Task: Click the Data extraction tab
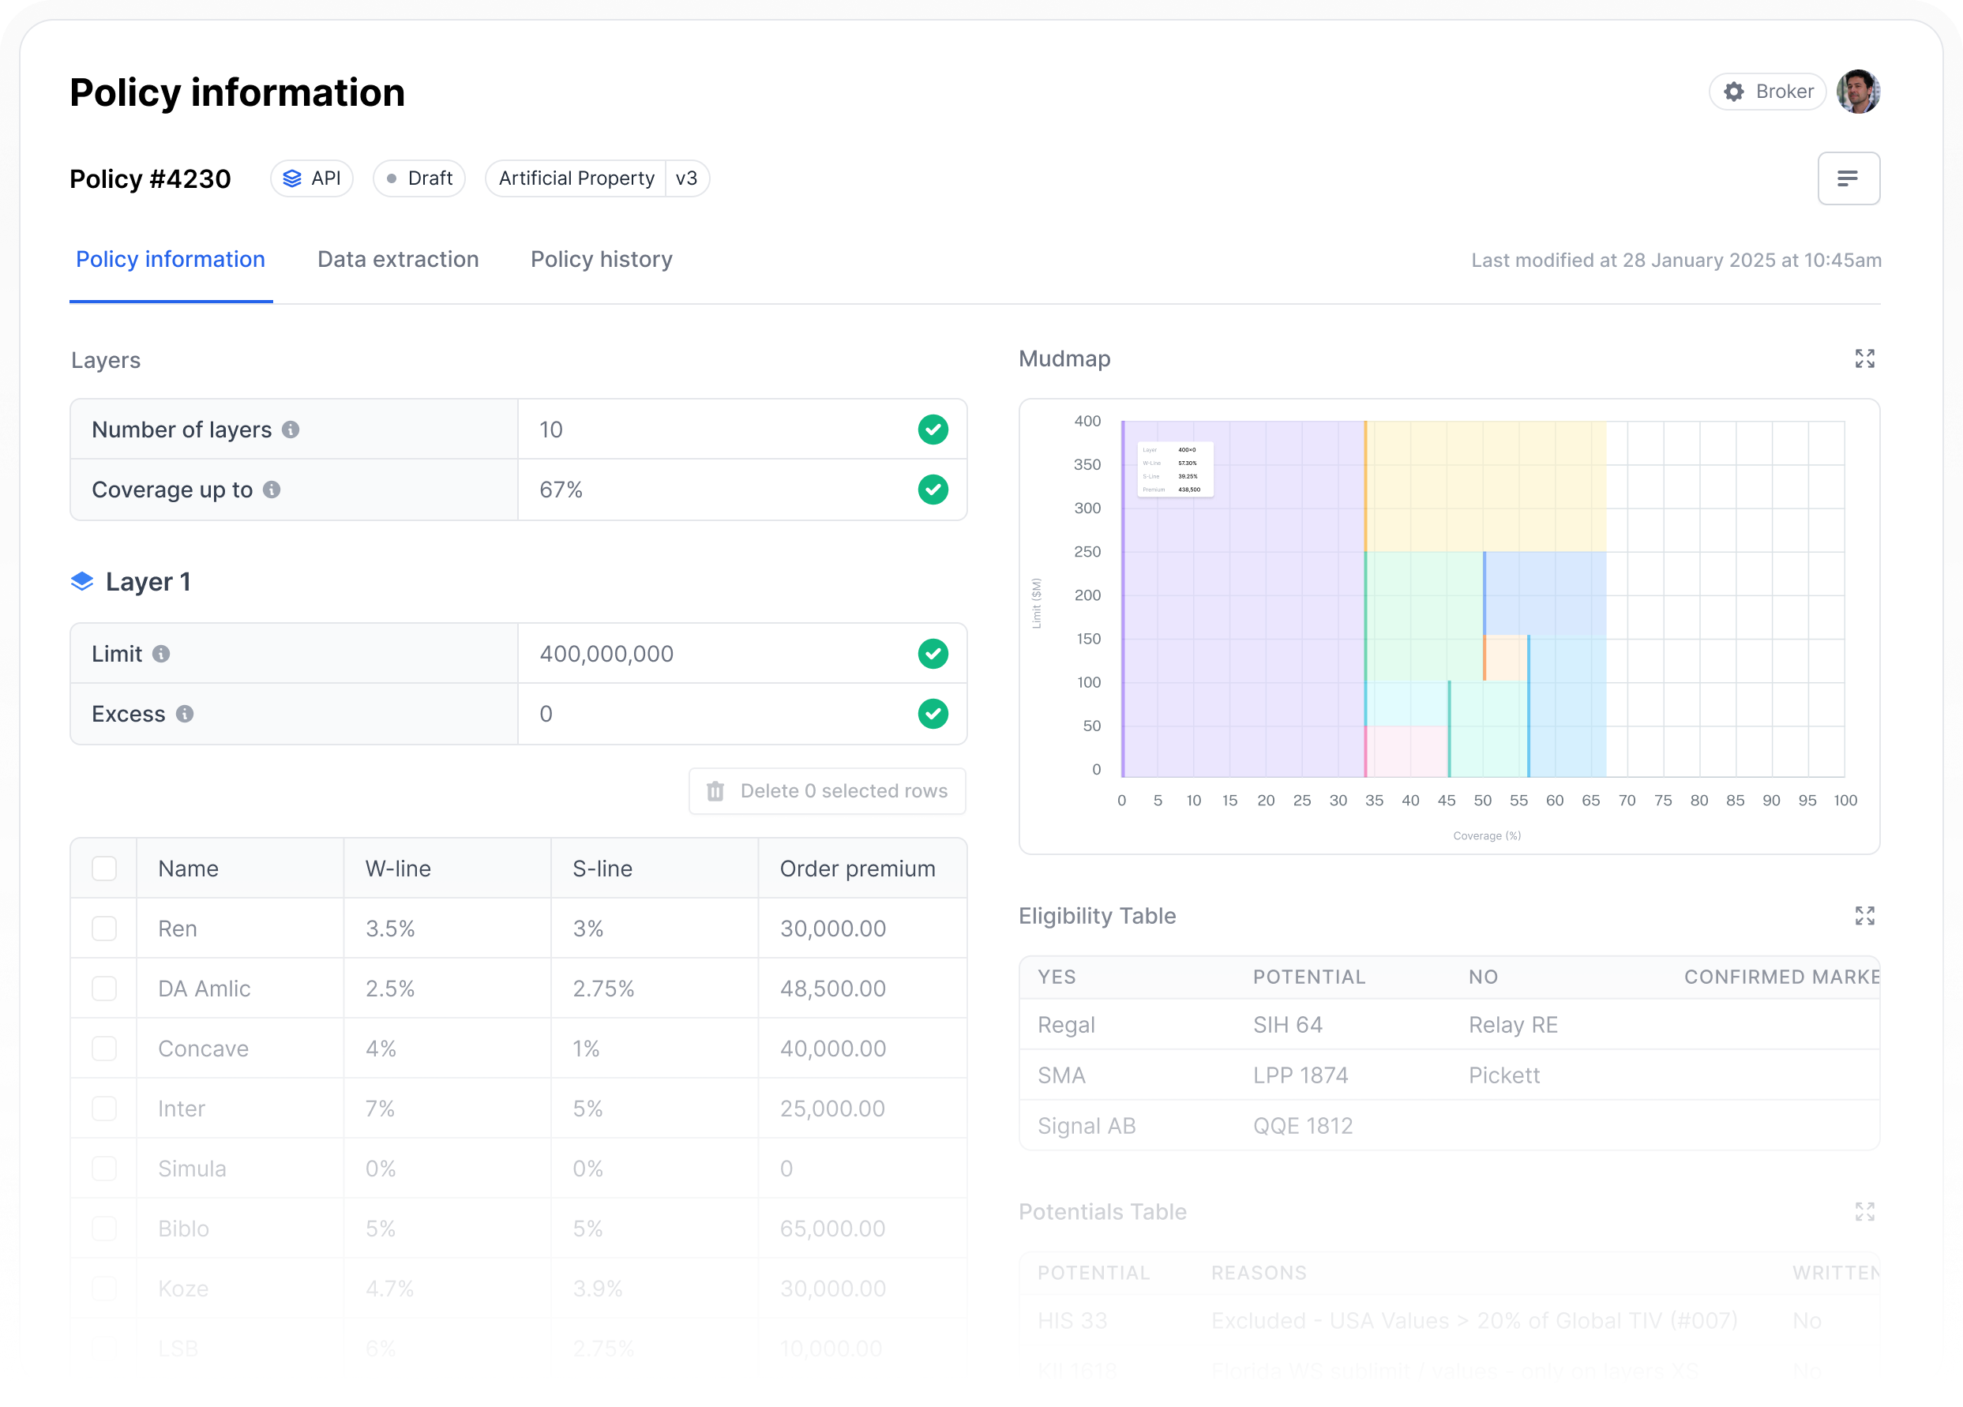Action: point(397,260)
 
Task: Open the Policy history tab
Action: point(601,260)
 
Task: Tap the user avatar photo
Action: point(1857,92)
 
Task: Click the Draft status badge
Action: point(419,178)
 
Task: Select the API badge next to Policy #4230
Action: point(312,178)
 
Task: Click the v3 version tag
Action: point(686,178)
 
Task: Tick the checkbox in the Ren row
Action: point(104,929)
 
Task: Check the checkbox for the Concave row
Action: point(104,1049)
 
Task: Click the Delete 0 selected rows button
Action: point(828,791)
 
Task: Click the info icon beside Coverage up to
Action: point(272,490)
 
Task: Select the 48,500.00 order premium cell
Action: point(832,989)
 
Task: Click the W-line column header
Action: point(398,869)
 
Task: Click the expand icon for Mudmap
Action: point(1864,359)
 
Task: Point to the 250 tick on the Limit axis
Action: point(1087,552)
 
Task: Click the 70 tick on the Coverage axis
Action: point(1627,801)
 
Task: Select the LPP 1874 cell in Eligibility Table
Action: point(1300,1075)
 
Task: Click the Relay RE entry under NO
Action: point(1512,1026)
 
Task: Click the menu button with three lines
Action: point(1848,178)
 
